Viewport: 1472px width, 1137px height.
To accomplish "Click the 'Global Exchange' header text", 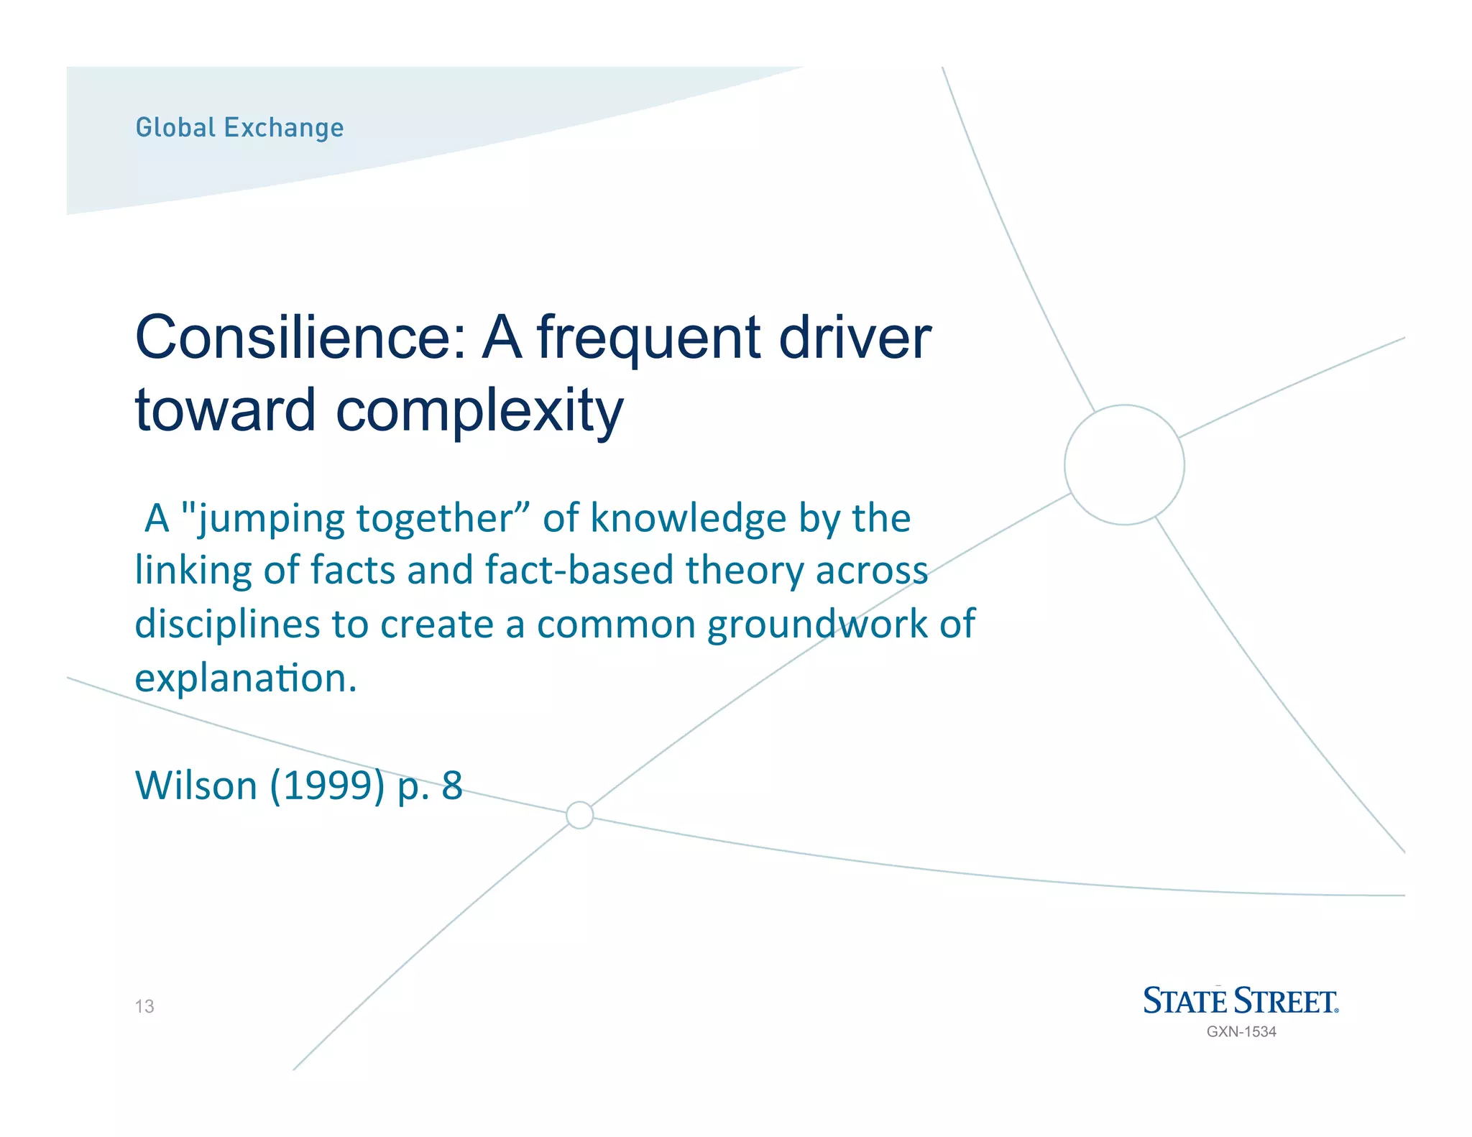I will (x=239, y=128).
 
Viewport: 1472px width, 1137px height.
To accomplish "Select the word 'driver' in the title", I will (x=855, y=337).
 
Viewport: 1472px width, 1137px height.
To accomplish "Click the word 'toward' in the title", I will (x=225, y=410).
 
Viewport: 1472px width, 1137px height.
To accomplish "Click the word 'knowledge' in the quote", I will (x=688, y=518).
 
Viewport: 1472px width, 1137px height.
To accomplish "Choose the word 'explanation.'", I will (x=246, y=678).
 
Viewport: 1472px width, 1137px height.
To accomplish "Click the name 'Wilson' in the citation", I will (x=195, y=785).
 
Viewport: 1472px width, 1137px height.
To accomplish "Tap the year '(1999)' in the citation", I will (x=327, y=786).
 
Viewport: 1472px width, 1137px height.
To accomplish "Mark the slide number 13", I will (x=144, y=1006).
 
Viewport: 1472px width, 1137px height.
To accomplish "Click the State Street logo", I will (x=1241, y=1001).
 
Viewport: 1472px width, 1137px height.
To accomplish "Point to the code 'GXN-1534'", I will (x=1241, y=1031).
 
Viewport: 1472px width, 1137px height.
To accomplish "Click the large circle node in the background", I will (x=1124, y=465).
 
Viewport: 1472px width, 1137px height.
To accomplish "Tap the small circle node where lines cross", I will (x=579, y=815).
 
